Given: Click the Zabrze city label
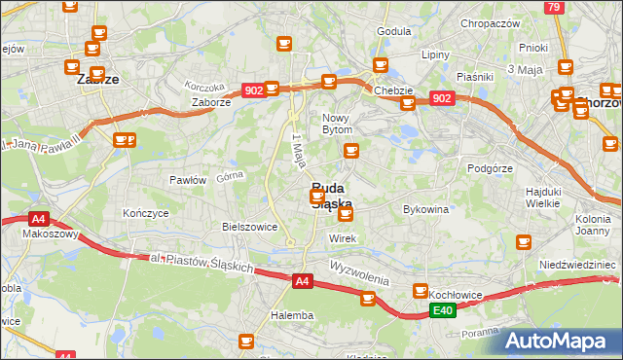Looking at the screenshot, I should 97,81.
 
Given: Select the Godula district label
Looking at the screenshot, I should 393,31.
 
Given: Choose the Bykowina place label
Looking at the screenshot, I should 425,209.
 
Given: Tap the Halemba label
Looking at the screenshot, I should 292,315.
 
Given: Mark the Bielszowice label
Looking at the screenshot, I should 250,227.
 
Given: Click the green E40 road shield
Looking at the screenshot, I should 443,310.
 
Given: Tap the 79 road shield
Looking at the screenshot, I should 554,8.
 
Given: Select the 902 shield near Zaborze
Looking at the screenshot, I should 253,90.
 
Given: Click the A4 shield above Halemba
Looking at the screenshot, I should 302,281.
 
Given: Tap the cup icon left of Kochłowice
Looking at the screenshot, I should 421,291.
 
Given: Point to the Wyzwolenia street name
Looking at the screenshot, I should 359,272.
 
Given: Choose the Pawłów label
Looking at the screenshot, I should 187,180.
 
